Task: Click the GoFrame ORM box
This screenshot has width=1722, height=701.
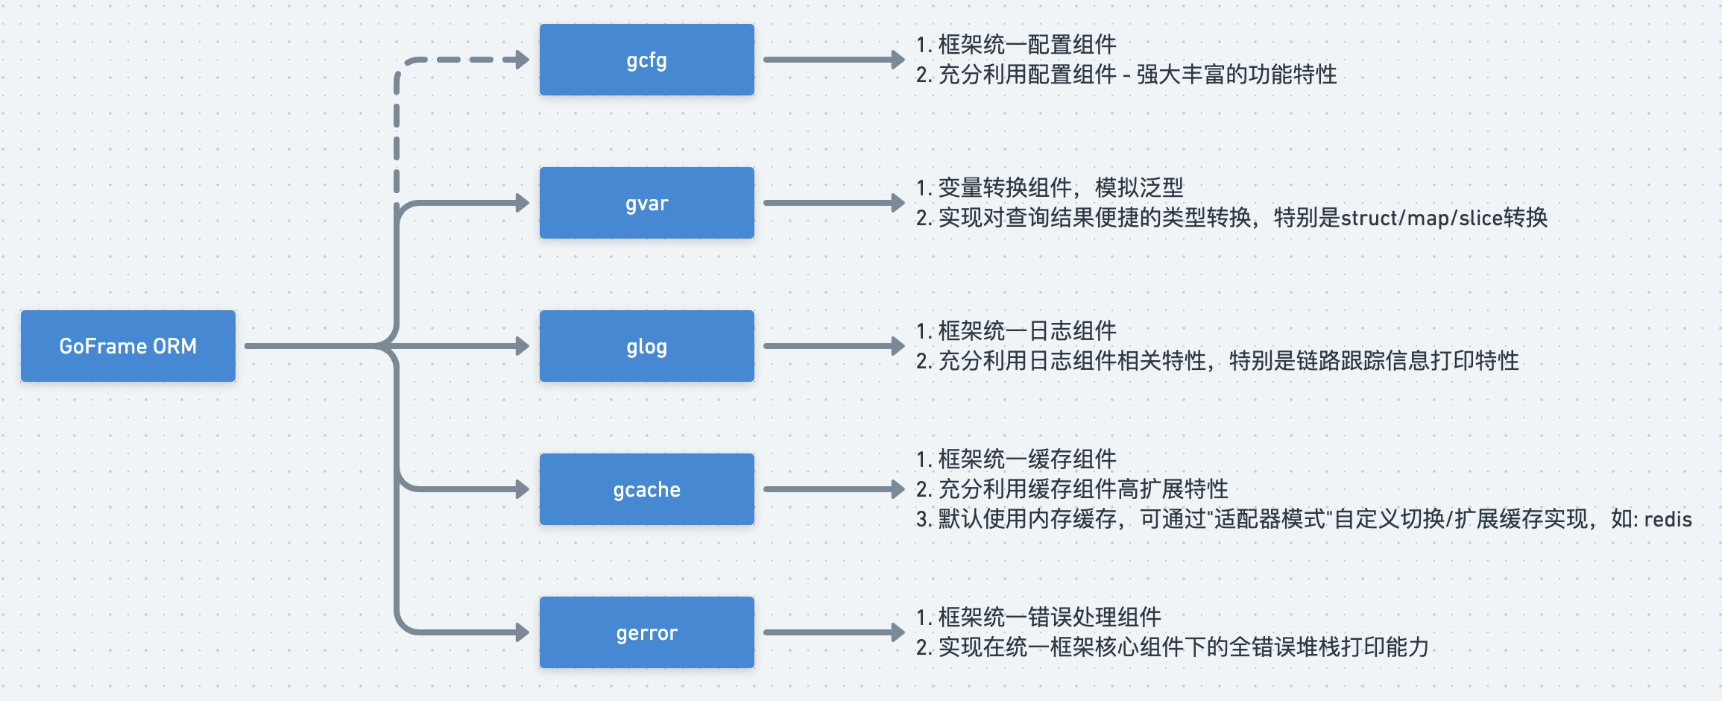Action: tap(128, 346)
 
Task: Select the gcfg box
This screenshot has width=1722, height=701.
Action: tap(646, 60)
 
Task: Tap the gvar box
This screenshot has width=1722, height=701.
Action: tap(646, 203)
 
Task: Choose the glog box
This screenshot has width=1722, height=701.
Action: tap(646, 346)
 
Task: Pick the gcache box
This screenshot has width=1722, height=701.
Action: tap(646, 489)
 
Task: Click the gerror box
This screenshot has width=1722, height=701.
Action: tap(646, 632)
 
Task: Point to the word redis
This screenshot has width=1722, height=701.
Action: tap(1668, 519)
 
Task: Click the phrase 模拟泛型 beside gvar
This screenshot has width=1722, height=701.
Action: tap(1139, 188)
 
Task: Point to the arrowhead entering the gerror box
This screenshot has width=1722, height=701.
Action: tap(521, 632)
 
